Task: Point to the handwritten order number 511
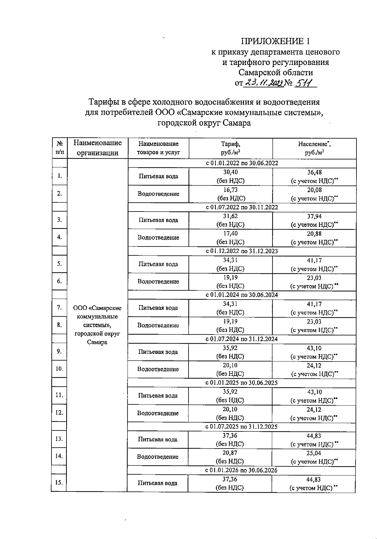click(305, 83)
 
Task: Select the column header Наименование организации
click(97, 148)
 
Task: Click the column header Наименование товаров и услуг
click(158, 148)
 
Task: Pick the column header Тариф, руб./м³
click(230, 148)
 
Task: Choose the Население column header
click(314, 148)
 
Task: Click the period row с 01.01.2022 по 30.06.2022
click(242, 163)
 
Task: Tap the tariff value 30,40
click(230, 172)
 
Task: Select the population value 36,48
click(314, 172)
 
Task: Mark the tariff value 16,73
click(230, 190)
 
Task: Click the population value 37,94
click(314, 216)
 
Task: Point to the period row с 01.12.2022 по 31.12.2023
click(242, 251)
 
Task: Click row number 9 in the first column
click(59, 351)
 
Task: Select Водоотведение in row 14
click(158, 457)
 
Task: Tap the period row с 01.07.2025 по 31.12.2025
click(241, 427)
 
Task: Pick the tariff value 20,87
click(230, 453)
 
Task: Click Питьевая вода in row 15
click(158, 483)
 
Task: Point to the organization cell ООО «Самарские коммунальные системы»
click(97, 325)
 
